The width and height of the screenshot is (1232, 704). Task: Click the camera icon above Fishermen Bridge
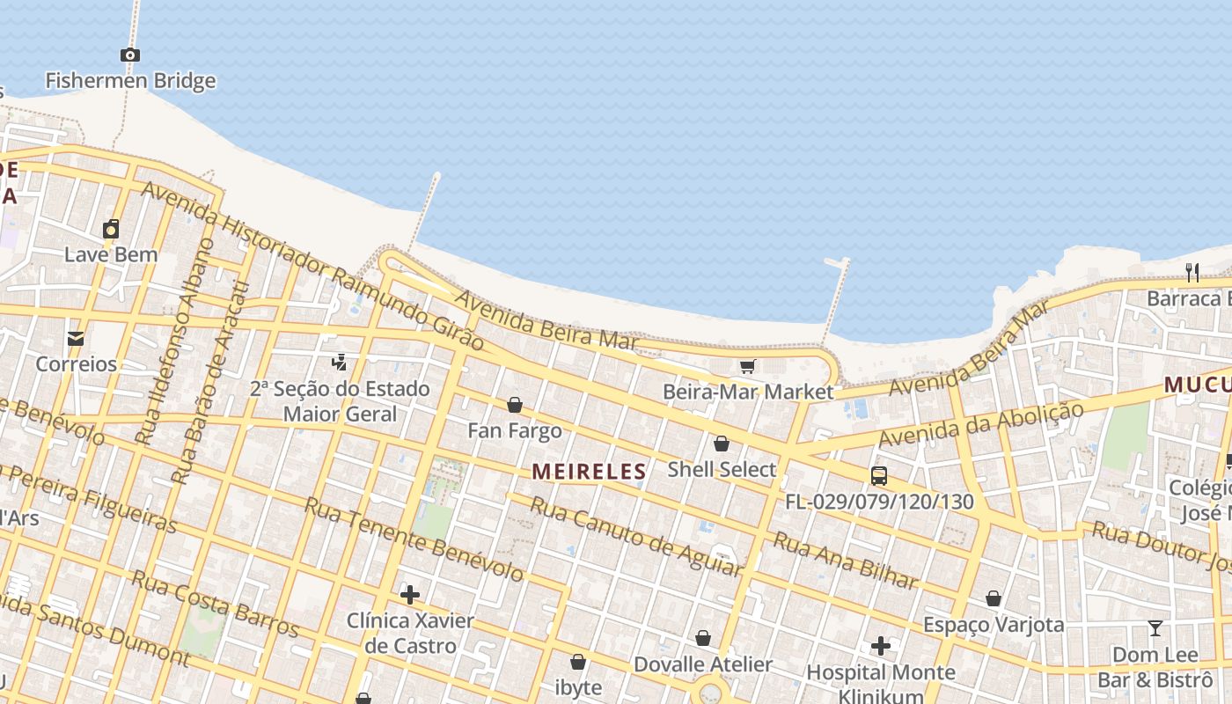pos(130,55)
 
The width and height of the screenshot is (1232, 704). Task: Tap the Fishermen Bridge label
pos(130,81)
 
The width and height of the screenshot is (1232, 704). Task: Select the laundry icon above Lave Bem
pos(111,230)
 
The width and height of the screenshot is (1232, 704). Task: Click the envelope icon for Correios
pos(76,338)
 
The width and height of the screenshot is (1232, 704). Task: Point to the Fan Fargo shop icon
pos(515,405)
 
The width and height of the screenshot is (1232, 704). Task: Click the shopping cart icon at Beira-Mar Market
pos(747,366)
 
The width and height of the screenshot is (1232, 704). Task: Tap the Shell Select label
pos(722,469)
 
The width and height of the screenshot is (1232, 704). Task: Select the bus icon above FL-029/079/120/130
pos(878,476)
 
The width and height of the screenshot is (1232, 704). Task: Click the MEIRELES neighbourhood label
pos(589,472)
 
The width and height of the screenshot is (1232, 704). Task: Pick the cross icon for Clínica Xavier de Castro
pos(409,595)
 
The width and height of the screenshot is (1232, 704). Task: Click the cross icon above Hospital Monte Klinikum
pos(881,647)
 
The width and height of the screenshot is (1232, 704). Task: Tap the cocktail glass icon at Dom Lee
pos(1155,628)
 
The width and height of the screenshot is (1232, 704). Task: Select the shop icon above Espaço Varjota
pos(994,599)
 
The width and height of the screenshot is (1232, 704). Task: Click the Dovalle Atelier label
pos(703,664)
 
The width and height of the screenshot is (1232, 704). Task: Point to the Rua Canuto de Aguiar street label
pos(636,536)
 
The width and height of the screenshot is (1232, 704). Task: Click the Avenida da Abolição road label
pos(980,424)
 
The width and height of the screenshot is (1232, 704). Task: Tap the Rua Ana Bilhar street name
pos(845,560)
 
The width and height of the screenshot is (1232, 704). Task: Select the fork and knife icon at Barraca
pos(1192,273)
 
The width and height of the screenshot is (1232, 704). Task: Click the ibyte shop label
pos(578,687)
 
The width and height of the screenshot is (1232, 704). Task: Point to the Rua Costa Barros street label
pos(215,604)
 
